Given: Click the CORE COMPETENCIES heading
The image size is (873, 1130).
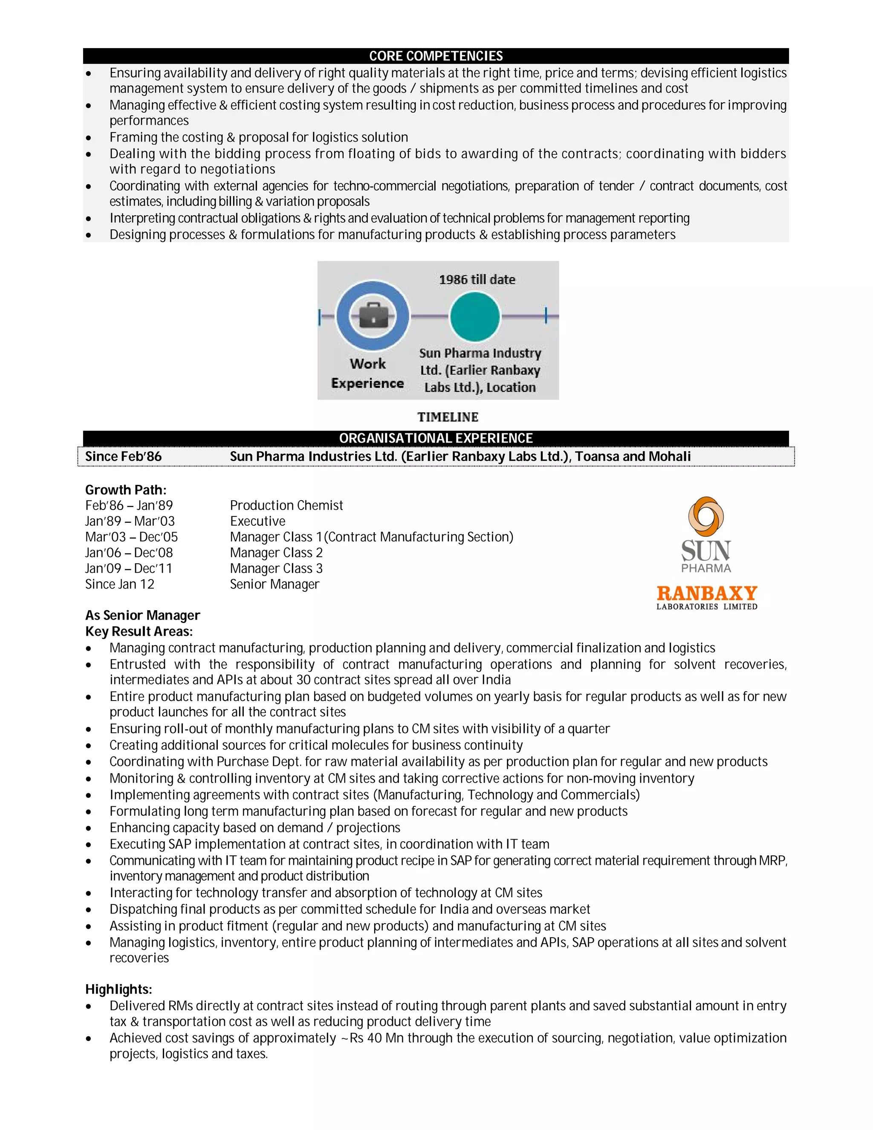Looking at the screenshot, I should (x=436, y=56).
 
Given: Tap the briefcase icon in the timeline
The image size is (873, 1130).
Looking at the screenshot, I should (x=373, y=316).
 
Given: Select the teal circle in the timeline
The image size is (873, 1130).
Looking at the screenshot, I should (x=474, y=316).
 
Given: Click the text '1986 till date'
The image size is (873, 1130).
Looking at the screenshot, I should (x=477, y=280).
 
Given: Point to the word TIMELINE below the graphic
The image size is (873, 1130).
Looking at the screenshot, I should (x=448, y=417).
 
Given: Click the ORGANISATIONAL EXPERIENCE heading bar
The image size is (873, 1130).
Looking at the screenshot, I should (x=436, y=438).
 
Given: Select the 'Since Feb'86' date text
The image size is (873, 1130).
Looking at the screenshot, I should (x=123, y=456).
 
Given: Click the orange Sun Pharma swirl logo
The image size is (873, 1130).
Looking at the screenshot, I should (x=705, y=516).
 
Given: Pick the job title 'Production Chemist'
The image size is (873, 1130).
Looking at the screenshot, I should (x=286, y=505).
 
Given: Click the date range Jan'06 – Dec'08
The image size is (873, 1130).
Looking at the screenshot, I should (x=129, y=553).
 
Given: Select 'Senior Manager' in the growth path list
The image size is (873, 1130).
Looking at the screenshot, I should (x=274, y=584).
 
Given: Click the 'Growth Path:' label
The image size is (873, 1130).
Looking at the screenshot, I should (x=126, y=490).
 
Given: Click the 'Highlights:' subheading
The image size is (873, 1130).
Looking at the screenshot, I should (x=119, y=989).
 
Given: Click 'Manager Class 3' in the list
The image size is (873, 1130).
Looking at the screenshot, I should (x=276, y=568).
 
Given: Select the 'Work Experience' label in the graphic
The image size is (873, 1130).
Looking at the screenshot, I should (x=368, y=374).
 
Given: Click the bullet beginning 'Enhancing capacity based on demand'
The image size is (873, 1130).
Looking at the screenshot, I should (x=254, y=828).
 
